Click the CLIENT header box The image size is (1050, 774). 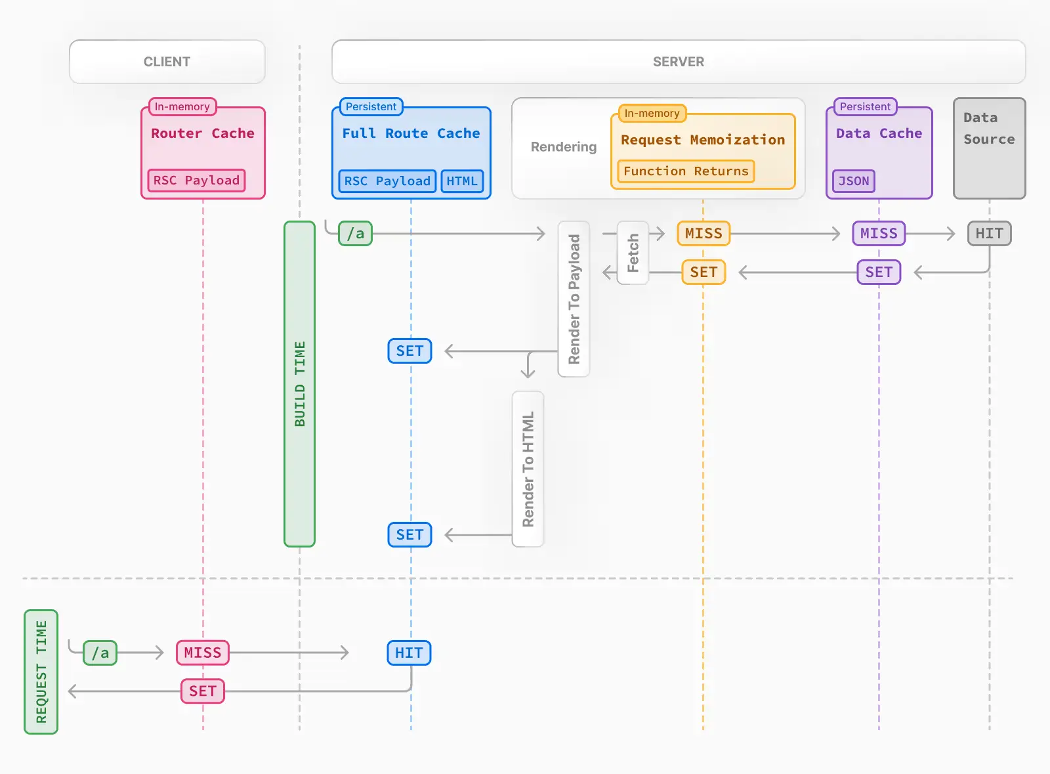[167, 62]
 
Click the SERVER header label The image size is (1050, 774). [678, 62]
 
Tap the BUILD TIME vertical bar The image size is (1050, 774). [299, 384]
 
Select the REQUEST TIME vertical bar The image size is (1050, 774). [41, 672]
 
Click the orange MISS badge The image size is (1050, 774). [703, 234]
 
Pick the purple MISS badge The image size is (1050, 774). [878, 234]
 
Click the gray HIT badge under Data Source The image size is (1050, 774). [989, 234]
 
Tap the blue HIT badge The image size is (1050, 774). [409, 653]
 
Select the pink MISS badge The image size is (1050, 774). [202, 653]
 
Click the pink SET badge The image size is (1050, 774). [202, 691]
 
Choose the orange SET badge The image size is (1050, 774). [703, 272]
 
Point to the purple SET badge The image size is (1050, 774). [878, 272]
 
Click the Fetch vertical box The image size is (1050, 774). [633, 253]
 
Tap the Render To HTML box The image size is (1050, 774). [528, 469]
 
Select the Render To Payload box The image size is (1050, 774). [574, 299]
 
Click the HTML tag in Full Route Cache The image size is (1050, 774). [462, 181]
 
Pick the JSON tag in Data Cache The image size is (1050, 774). [853, 181]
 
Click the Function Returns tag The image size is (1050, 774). [686, 171]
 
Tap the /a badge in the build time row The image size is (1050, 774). [355, 234]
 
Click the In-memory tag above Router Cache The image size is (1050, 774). [182, 106]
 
